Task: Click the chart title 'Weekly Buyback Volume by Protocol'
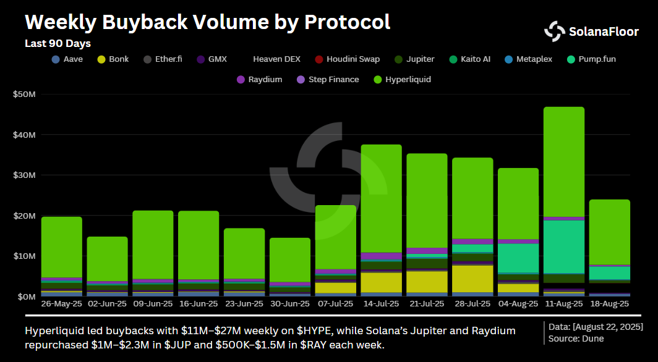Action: tap(207, 23)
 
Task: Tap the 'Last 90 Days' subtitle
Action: tap(58, 44)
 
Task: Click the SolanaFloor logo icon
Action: tap(555, 31)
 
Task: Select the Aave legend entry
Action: tap(67, 59)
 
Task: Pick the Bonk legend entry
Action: tap(113, 59)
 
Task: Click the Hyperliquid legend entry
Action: tap(403, 80)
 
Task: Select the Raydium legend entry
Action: tap(259, 80)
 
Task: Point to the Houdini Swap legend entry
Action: tap(347, 59)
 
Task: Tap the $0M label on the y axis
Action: tap(26, 297)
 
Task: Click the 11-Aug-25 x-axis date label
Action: tap(563, 305)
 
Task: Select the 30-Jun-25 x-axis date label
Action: tap(289, 305)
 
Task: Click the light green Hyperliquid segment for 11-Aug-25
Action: tap(563, 161)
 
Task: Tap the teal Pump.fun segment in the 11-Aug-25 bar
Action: tap(563, 246)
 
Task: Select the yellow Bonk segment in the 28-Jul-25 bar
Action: tap(472, 278)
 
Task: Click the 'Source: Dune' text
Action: tap(576, 338)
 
